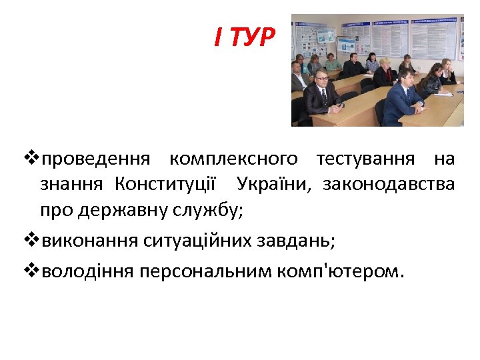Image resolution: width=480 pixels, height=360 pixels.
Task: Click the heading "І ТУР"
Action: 244,37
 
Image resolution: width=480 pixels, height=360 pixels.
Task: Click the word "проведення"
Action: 96,159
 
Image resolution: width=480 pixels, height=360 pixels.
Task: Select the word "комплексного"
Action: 233,159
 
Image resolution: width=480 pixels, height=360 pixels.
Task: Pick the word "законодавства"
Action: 389,184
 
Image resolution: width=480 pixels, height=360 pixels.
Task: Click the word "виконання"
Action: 89,240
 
